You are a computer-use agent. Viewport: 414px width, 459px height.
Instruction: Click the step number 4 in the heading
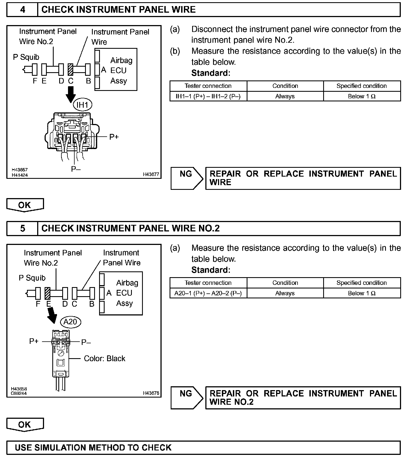(x=23, y=10)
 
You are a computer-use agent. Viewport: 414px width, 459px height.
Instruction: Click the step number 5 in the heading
(x=23, y=228)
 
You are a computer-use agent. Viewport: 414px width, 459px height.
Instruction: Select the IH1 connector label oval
(x=82, y=105)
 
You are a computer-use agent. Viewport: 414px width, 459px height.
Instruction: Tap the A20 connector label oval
(x=70, y=322)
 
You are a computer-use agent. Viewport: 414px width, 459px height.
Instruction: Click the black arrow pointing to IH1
(x=71, y=94)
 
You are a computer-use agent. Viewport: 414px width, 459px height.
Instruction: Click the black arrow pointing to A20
(x=52, y=315)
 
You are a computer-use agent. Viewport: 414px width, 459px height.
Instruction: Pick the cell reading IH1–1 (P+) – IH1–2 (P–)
(x=208, y=96)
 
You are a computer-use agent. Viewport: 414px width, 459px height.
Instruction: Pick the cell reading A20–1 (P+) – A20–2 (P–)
(x=208, y=293)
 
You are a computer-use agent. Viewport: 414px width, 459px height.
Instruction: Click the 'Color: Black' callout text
(x=104, y=358)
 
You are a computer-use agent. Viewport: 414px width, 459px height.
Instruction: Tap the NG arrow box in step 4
(x=186, y=178)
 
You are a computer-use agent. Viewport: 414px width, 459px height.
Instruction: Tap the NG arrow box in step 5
(x=186, y=398)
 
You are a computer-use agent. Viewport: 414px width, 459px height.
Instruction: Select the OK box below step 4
(x=25, y=205)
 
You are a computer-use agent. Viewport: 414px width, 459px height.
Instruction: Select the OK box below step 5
(x=25, y=425)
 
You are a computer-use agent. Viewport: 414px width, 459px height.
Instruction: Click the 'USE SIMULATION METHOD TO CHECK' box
(x=203, y=448)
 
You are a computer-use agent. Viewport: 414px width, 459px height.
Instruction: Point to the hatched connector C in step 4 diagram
(x=70, y=69)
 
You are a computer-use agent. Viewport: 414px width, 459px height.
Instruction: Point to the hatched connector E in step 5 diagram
(x=47, y=293)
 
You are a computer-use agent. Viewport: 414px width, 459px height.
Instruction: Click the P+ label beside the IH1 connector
(x=114, y=137)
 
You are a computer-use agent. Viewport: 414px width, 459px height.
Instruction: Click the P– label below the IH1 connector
(x=76, y=169)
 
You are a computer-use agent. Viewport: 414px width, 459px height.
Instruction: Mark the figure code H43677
(x=151, y=174)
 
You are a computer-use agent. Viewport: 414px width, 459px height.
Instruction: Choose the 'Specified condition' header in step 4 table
(x=362, y=86)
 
